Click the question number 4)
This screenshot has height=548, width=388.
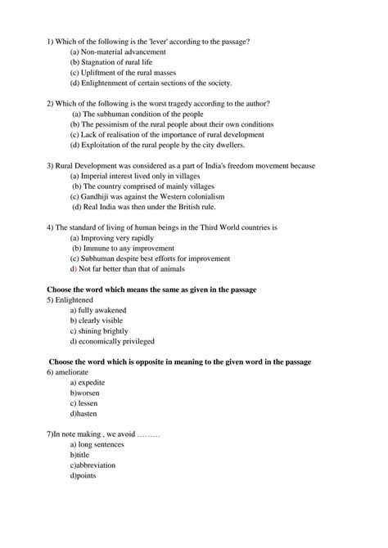tap(51, 227)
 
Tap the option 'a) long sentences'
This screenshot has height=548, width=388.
tap(97, 444)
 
